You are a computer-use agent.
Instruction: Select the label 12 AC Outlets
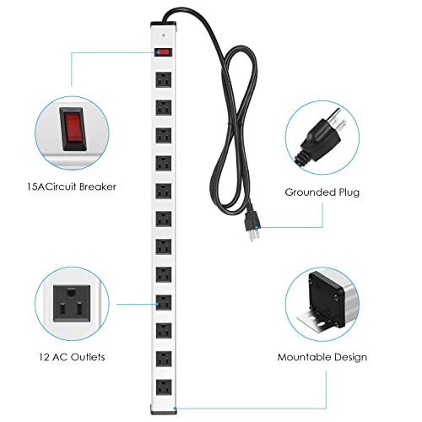pyautogui.click(x=72, y=357)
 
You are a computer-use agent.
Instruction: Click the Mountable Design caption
pyautogui.click(x=322, y=357)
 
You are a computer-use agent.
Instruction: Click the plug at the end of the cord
pyautogui.click(x=251, y=225)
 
